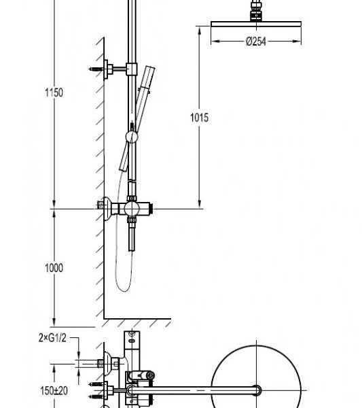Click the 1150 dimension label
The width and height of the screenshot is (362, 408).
click(54, 92)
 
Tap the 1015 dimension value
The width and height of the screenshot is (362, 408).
click(199, 118)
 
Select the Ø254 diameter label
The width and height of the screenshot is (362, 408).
click(256, 41)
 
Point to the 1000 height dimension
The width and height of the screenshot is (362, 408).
click(54, 268)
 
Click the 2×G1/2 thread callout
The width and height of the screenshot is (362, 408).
click(52, 338)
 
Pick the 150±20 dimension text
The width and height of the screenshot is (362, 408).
click(54, 390)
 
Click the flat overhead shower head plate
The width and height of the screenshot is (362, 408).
click(256, 24)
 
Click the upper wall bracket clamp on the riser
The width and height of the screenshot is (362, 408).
click(132, 69)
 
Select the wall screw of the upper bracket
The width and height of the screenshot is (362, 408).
click(96, 69)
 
